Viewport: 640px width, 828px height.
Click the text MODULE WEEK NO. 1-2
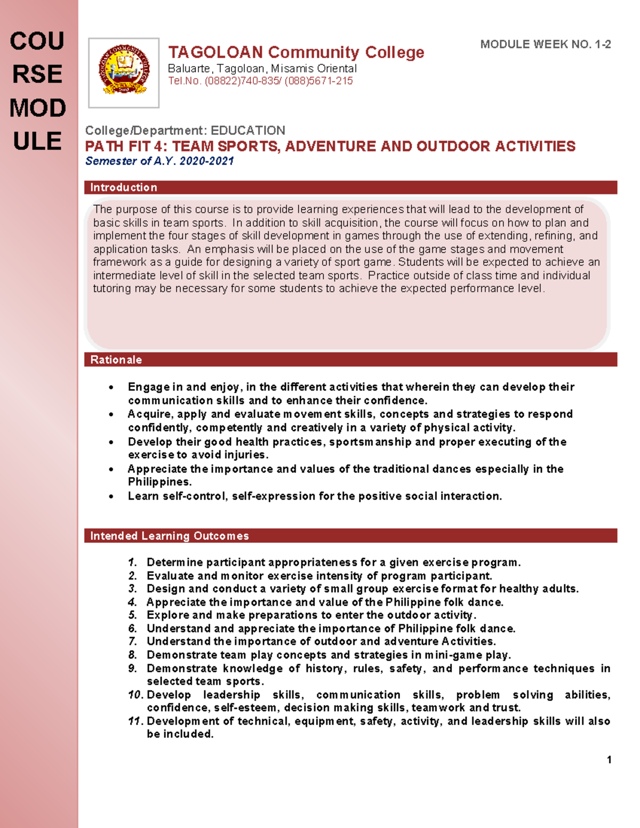[x=545, y=45]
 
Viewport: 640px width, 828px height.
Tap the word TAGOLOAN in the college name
[x=215, y=52]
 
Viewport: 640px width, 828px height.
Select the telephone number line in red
[x=260, y=81]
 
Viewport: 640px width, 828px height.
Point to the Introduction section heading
[x=124, y=188]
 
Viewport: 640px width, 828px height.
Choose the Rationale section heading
[x=116, y=360]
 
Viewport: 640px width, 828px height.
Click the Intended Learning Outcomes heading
[x=169, y=536]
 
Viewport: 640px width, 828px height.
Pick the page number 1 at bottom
[x=609, y=760]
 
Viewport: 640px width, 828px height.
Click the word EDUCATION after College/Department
[x=247, y=131]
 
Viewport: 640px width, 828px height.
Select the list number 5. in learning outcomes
[x=133, y=615]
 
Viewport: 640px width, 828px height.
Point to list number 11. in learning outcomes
[x=135, y=721]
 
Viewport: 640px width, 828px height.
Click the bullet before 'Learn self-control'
[x=111, y=496]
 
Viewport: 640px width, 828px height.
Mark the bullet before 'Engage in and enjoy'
[x=111, y=387]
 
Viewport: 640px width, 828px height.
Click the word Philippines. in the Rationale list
[x=159, y=482]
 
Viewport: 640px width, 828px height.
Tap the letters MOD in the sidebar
[x=37, y=108]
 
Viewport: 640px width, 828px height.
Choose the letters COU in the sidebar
[x=37, y=42]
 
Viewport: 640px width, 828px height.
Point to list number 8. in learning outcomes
[x=133, y=655]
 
